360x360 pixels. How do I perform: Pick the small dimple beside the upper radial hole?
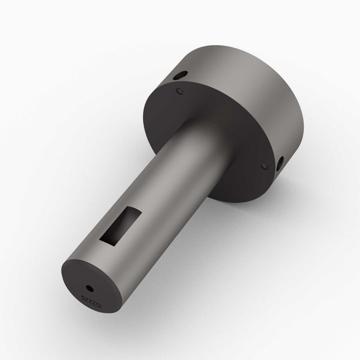(179, 90)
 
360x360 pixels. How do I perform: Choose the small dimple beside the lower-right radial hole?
(264, 166)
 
